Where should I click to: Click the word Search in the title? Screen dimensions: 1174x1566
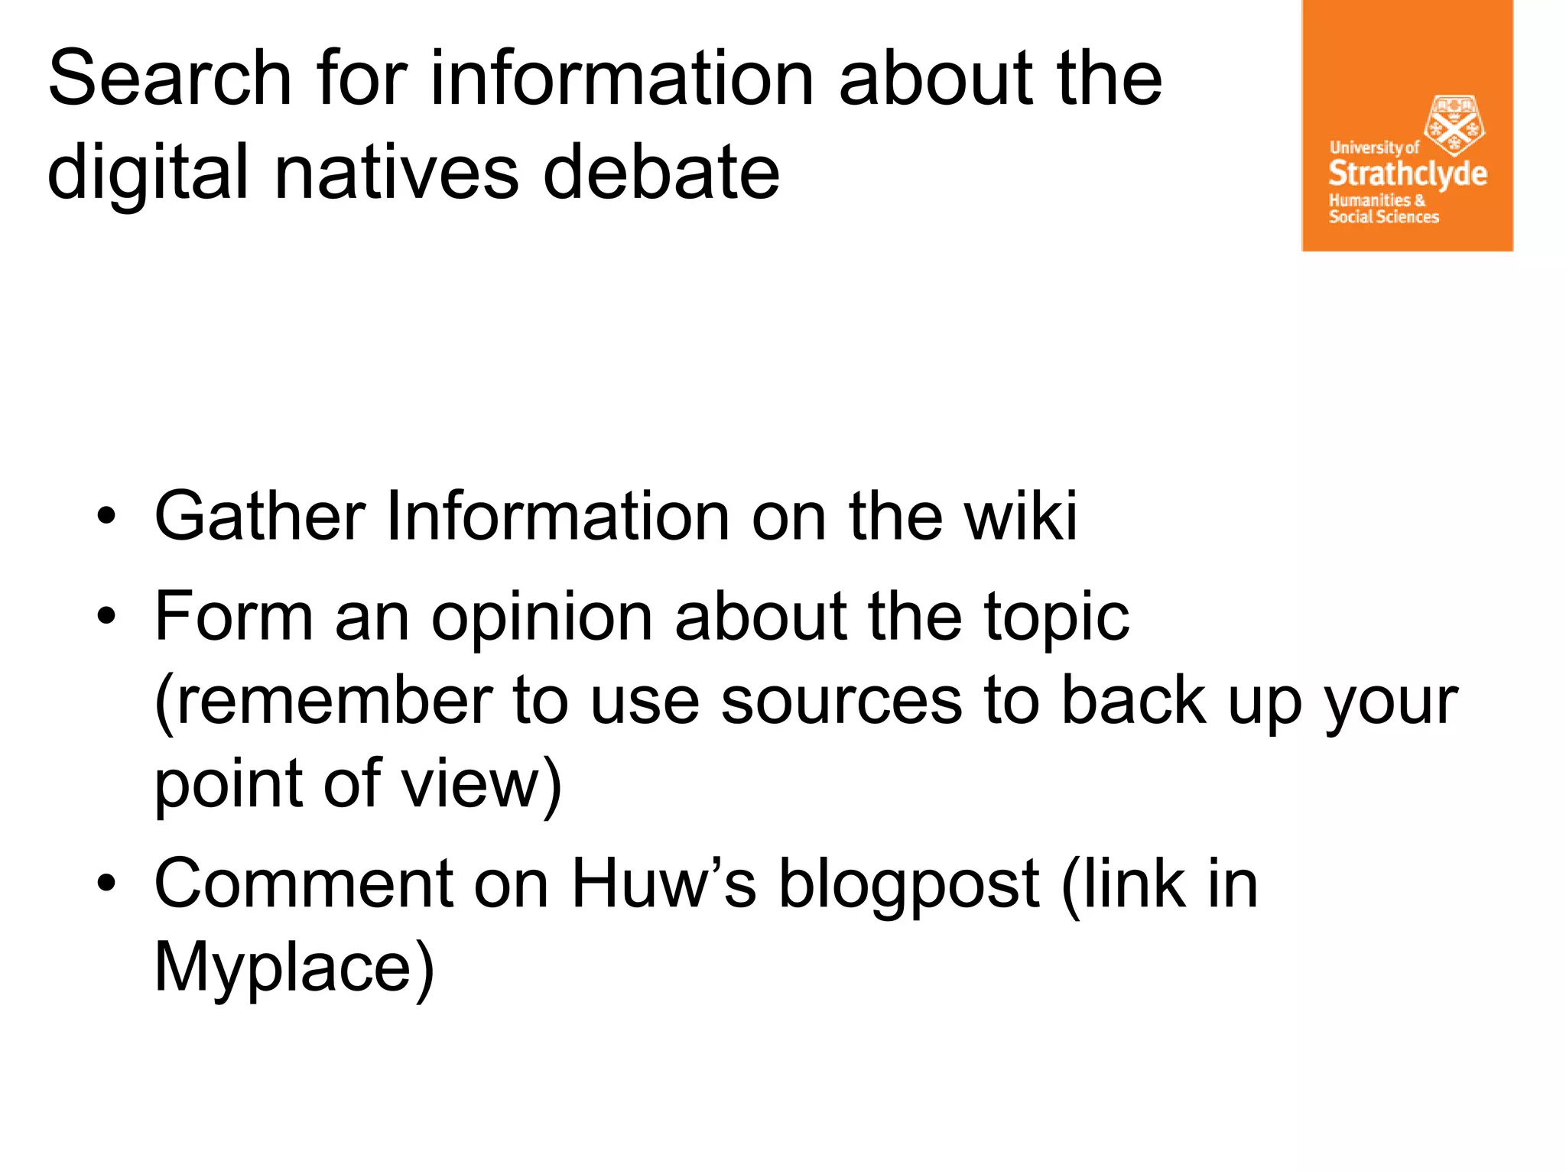click(x=170, y=78)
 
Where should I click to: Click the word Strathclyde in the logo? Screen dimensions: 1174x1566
click(x=1407, y=174)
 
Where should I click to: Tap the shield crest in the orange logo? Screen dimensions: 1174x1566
click(x=1454, y=125)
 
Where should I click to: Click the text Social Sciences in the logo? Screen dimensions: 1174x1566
click(x=1383, y=217)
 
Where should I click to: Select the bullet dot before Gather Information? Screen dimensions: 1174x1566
click(x=106, y=517)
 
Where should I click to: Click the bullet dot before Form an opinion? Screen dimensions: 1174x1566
click(x=106, y=616)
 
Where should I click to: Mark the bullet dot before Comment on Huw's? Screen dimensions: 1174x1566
click(x=106, y=884)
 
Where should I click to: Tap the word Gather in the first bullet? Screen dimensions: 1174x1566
click(x=259, y=517)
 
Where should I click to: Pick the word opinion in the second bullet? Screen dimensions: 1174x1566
click(x=541, y=618)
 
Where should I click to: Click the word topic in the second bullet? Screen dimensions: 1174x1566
click(x=1056, y=618)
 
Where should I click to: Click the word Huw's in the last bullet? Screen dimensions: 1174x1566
click(x=664, y=884)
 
